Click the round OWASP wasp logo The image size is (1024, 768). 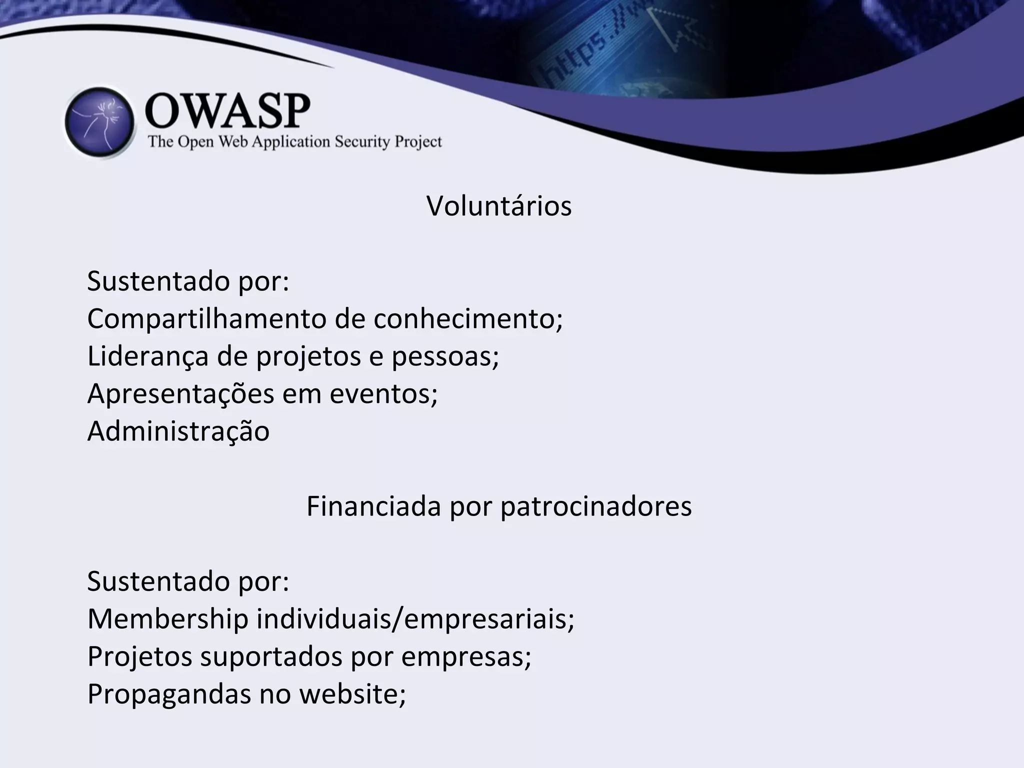coord(100,123)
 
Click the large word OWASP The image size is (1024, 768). coord(227,110)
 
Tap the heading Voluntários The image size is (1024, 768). coord(498,205)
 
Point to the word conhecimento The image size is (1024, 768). coord(467,318)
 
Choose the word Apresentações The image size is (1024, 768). coord(180,393)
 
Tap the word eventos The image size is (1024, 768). coord(383,393)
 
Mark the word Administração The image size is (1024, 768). coord(178,431)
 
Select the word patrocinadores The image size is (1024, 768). coord(596,506)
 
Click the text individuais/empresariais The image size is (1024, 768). coord(415,618)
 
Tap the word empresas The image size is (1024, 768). coord(465,656)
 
